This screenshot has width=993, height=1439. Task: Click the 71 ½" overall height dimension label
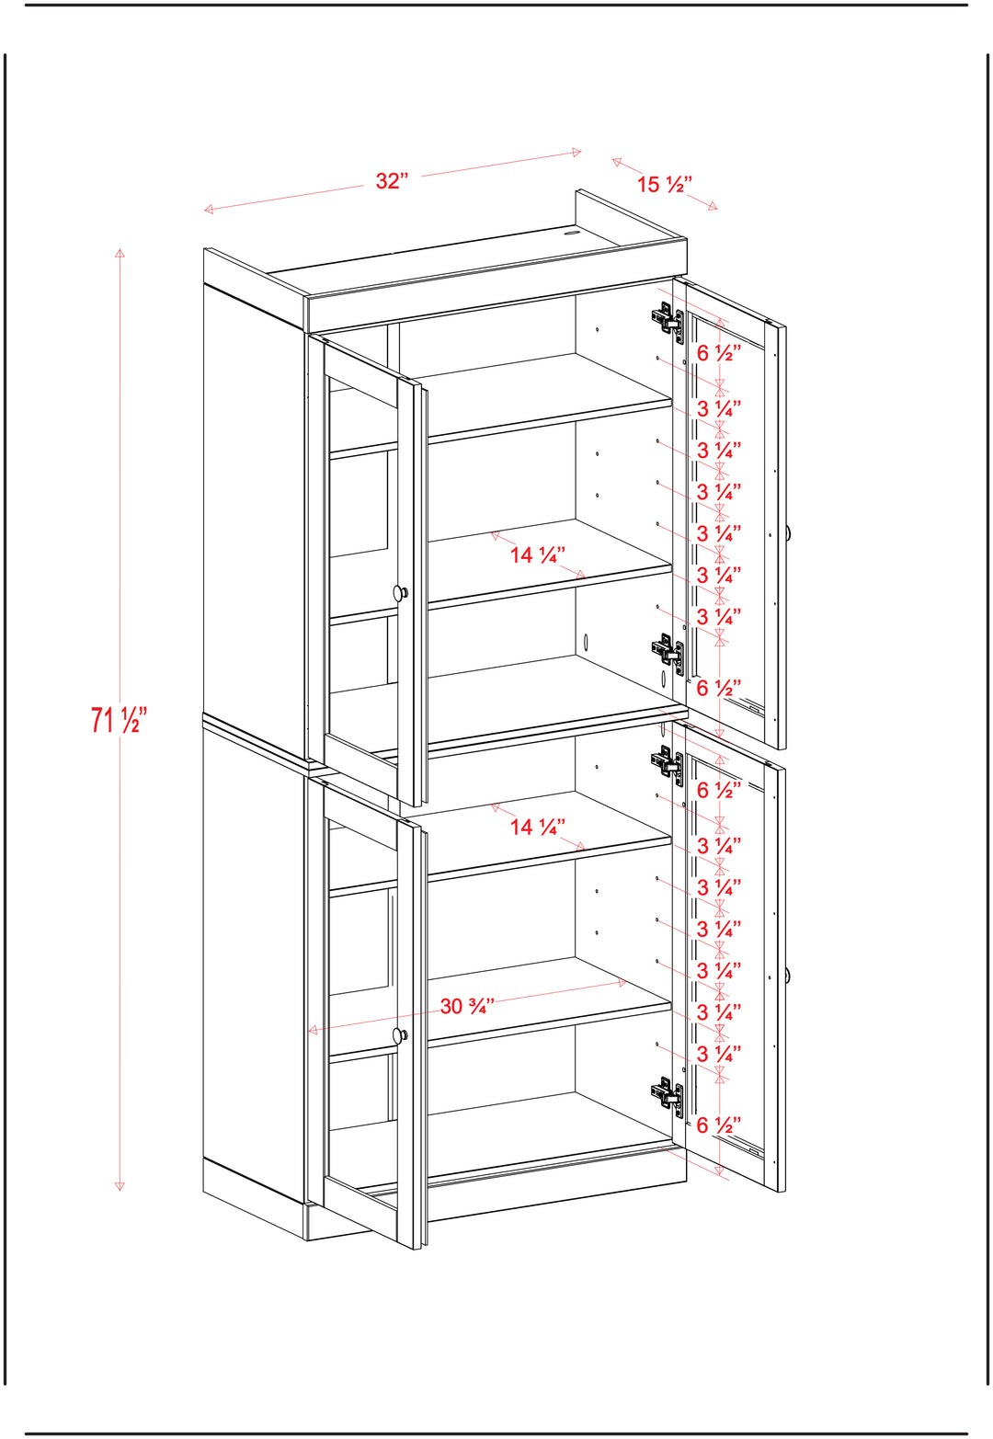coord(120,719)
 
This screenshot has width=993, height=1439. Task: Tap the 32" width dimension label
coord(392,181)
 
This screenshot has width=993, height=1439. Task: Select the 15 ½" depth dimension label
coord(664,184)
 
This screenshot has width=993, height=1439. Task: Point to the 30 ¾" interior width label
coord(467,1006)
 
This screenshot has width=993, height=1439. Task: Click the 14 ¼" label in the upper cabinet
coord(538,554)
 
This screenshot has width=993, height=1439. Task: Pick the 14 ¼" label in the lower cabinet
coord(538,826)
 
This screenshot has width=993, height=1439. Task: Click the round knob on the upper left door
coord(401,592)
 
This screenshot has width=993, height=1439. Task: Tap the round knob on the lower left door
coord(401,1034)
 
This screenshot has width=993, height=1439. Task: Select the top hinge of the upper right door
coord(668,320)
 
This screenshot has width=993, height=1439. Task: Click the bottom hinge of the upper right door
coord(668,653)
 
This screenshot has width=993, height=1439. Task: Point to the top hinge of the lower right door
coord(668,764)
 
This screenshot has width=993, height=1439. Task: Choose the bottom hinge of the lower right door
coord(668,1097)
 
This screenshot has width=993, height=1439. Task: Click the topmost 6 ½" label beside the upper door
coord(719,353)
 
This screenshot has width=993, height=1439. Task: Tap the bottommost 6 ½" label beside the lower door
coord(719,1125)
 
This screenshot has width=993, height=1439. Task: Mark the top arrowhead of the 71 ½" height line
coord(120,253)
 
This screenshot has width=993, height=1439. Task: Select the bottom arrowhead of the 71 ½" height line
coord(120,1186)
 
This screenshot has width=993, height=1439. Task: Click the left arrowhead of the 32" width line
coord(208,209)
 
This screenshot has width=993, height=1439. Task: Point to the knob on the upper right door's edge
coord(788,532)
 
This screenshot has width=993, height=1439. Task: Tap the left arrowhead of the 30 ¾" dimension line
coord(313,1030)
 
